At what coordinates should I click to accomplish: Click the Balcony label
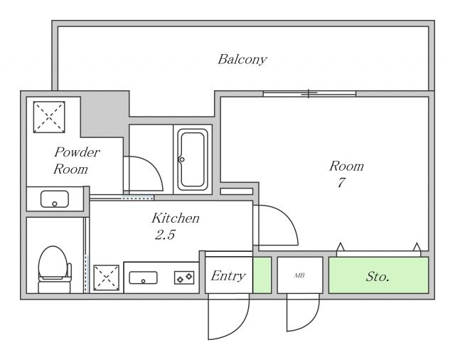[x=242, y=60]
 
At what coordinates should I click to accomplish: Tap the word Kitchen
[x=176, y=218]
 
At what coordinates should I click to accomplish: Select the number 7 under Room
[x=341, y=182]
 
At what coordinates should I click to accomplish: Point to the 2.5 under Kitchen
[x=165, y=235]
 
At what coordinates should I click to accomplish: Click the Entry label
[x=228, y=276]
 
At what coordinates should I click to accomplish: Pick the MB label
[x=299, y=275]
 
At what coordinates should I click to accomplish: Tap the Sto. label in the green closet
[x=378, y=276]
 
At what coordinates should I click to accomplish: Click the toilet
[x=54, y=270]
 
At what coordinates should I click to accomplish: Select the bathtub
[x=193, y=159]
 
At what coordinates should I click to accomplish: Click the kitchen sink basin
[x=143, y=277]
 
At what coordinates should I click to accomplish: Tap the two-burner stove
[x=184, y=277]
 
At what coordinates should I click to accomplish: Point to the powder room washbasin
[x=55, y=199]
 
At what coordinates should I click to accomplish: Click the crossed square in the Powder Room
[x=49, y=117]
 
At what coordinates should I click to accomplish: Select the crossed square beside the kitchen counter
[x=106, y=277]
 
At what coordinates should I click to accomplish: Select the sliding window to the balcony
[x=309, y=93]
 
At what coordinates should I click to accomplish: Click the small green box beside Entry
[x=262, y=275]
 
